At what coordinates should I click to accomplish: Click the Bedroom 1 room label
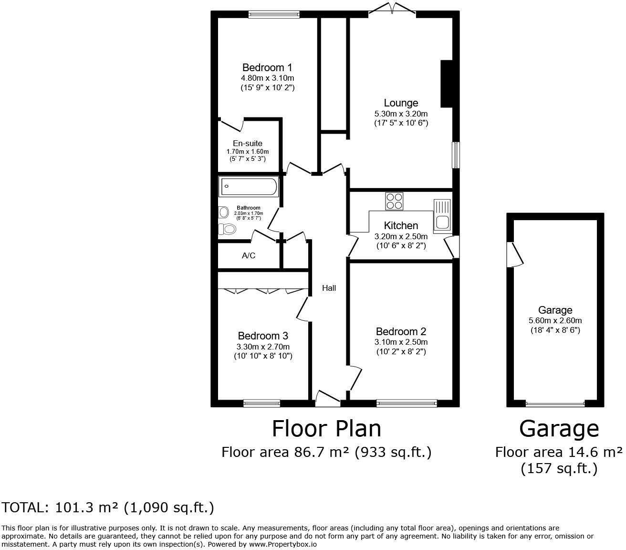(x=267, y=67)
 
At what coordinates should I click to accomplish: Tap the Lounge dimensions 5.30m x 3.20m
(x=401, y=114)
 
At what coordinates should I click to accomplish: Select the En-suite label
(x=247, y=143)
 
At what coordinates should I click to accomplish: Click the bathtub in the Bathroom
(x=248, y=187)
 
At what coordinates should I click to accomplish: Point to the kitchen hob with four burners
(x=394, y=201)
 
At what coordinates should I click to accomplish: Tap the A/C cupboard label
(x=249, y=256)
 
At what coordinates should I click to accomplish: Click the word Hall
(x=329, y=288)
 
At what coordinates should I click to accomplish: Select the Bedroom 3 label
(x=263, y=336)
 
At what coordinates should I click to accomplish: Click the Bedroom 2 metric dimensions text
(x=401, y=342)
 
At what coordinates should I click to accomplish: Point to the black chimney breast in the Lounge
(x=446, y=84)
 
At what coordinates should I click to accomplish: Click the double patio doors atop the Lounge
(x=392, y=10)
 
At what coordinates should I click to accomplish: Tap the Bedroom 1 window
(x=274, y=15)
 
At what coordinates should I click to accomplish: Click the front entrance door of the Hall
(x=328, y=399)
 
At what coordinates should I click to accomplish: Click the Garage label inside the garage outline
(x=555, y=310)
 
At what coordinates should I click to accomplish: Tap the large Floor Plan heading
(x=326, y=428)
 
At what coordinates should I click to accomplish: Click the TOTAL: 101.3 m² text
(x=108, y=508)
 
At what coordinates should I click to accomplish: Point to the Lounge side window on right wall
(x=456, y=155)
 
